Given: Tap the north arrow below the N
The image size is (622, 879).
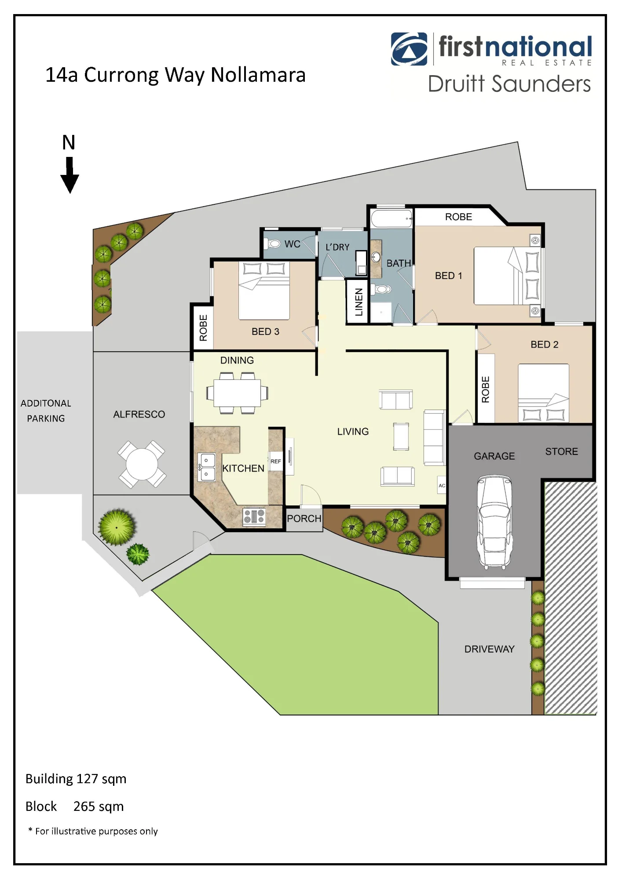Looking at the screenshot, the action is [x=70, y=175].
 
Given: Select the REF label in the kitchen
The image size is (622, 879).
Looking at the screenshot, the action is [x=276, y=461].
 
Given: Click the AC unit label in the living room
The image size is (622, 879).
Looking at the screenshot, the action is [x=442, y=486].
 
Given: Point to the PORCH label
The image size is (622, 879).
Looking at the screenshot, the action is [x=304, y=519].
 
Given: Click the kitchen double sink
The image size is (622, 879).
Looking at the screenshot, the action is [x=206, y=467].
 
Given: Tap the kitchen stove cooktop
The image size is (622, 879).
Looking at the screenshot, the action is [x=254, y=516].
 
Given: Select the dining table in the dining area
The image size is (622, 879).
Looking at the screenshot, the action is [x=237, y=392].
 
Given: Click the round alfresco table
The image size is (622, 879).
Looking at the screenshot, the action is [x=142, y=464].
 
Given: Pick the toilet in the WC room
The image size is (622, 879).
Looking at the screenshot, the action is [x=274, y=243].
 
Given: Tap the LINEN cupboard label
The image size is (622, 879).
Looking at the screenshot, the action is [x=359, y=302].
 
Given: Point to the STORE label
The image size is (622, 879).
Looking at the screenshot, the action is [x=562, y=451].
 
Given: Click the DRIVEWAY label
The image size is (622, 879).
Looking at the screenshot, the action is [x=490, y=649].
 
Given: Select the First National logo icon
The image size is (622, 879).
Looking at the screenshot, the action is [x=409, y=49].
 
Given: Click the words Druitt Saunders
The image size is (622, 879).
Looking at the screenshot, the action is [x=509, y=84].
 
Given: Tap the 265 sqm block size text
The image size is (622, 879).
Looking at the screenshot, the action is [x=99, y=806].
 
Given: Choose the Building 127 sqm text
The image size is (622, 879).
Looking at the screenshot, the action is [x=76, y=779].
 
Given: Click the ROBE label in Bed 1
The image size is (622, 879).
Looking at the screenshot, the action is [x=458, y=217].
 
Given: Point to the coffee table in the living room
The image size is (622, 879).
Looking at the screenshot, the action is [x=401, y=436].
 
